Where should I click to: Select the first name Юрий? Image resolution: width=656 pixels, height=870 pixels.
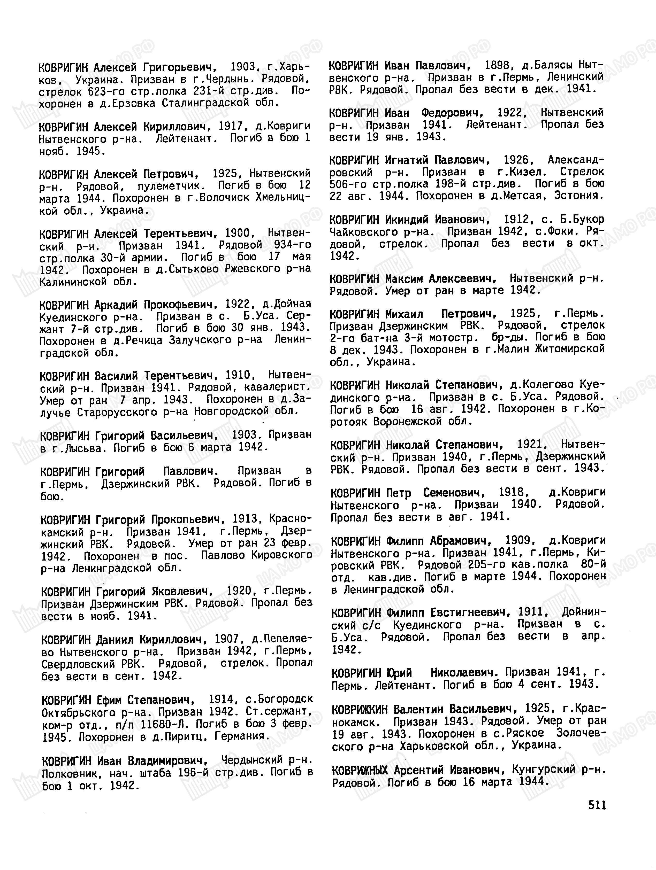(x=399, y=673)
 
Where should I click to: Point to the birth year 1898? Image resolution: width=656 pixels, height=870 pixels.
(x=497, y=65)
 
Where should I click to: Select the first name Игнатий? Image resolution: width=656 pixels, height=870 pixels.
(x=407, y=160)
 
